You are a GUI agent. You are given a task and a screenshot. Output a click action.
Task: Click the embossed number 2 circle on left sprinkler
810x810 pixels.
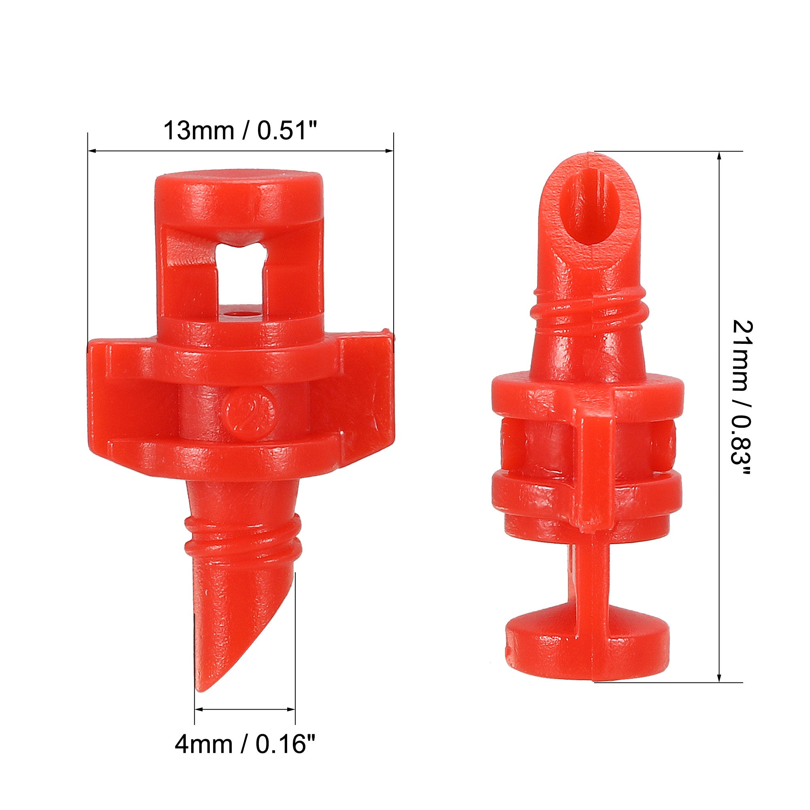(x=250, y=412)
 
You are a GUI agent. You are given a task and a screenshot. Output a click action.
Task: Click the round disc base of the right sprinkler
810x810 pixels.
(x=587, y=642)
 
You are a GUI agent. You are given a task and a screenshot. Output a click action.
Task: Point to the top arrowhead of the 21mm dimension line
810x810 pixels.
(x=719, y=156)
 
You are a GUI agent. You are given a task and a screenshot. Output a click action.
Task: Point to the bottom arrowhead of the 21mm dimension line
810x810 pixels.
(x=719, y=678)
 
